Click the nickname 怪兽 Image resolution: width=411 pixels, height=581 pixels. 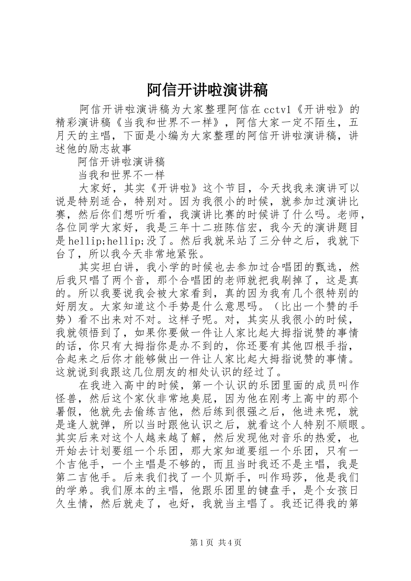pyautogui.click(x=67, y=399)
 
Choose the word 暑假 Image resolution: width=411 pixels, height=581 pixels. pyautogui.click(x=67, y=413)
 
